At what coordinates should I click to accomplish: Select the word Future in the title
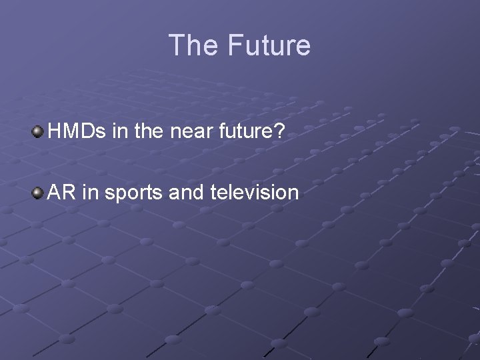pyautogui.click(x=269, y=45)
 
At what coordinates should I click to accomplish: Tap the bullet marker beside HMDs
pyautogui.click(x=38, y=133)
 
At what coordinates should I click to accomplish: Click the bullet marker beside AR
pyautogui.click(x=38, y=193)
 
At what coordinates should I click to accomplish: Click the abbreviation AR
pyautogui.click(x=62, y=193)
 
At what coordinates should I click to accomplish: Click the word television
pyautogui.click(x=254, y=193)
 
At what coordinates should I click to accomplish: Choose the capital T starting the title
pyautogui.click(x=177, y=45)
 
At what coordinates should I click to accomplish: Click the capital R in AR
pyautogui.click(x=70, y=193)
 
